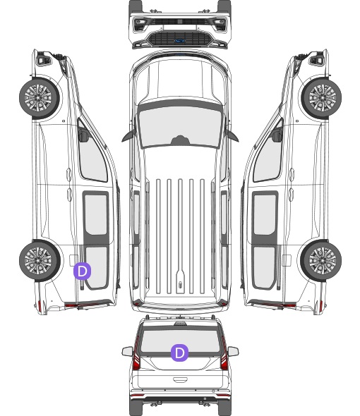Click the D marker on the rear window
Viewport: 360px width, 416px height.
coord(179,353)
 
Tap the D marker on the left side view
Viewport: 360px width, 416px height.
coord(82,271)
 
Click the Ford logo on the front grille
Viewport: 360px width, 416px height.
coord(179,41)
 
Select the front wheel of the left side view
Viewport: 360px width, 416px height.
coord(40,98)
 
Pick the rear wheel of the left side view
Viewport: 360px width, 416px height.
coord(40,261)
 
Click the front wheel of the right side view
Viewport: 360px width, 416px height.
coord(321,98)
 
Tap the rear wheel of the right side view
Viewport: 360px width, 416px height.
coord(321,261)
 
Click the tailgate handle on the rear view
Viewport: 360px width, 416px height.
coord(180,380)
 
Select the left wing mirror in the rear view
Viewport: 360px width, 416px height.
coord(127,352)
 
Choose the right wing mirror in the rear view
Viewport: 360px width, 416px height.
coord(233,352)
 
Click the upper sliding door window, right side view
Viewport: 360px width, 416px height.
coord(265,214)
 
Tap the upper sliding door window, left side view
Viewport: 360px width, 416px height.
coord(96,214)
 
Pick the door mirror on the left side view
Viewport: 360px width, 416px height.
coord(83,135)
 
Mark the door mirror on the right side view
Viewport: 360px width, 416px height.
coord(277,135)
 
